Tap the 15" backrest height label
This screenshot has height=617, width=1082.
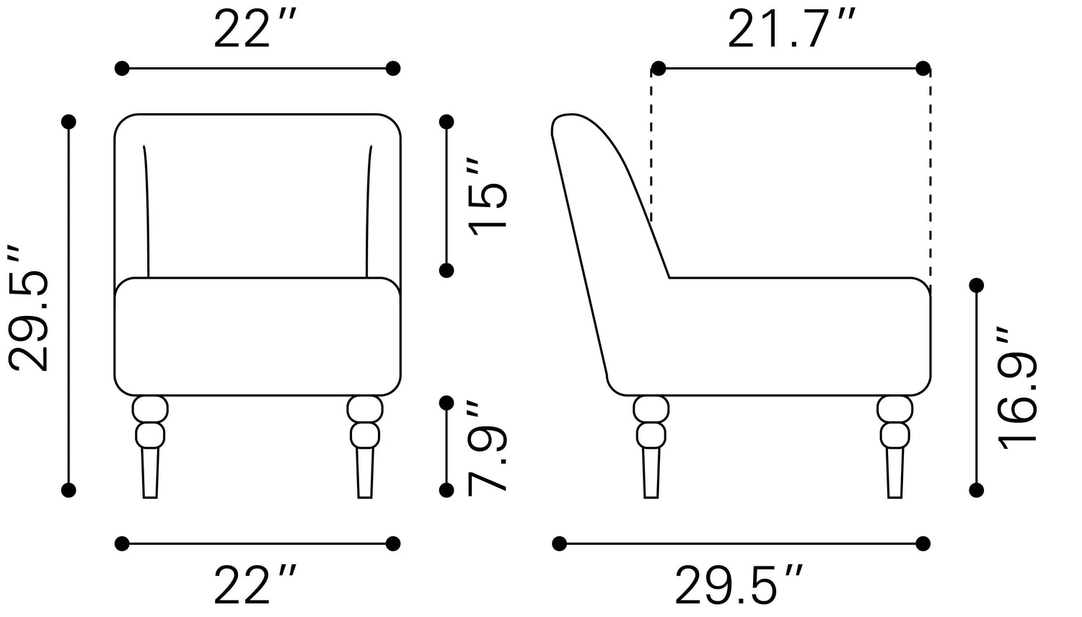click(x=488, y=196)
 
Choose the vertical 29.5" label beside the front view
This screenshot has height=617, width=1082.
click(x=28, y=307)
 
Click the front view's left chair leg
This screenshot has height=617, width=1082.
click(x=150, y=447)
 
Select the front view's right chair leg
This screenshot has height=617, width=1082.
click(x=365, y=447)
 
